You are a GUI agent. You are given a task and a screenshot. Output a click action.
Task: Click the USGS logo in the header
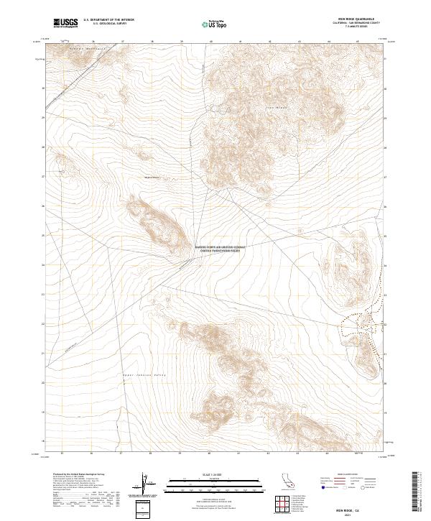coord(65,23)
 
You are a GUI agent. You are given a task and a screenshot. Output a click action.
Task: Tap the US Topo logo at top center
coord(217,23)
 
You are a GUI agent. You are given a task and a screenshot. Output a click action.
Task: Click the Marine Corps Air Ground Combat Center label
coord(220,249)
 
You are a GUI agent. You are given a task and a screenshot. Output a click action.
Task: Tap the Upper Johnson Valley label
coord(134,375)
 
